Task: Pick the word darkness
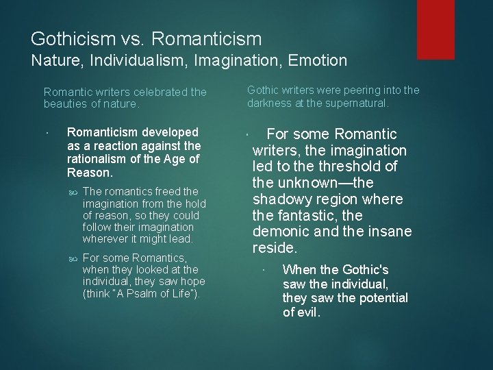point(270,103)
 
